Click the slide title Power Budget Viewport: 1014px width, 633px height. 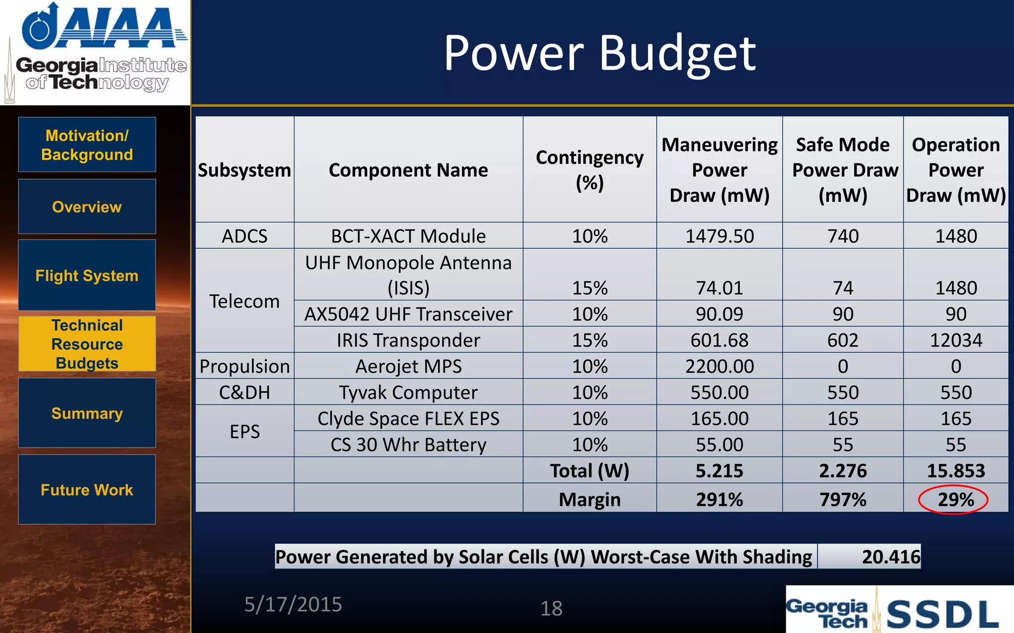[599, 53]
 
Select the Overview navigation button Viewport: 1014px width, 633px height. [87, 207]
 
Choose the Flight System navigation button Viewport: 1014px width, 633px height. [87, 275]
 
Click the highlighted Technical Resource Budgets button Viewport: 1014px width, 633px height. [87, 344]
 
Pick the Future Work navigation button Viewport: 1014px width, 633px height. [87, 490]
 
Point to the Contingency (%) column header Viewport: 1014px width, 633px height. [590, 170]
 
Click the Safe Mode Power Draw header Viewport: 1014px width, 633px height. [843, 170]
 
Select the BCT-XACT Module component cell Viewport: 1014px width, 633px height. [408, 236]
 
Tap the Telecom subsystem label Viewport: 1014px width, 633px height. [245, 301]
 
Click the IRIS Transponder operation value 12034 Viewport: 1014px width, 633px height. [956, 340]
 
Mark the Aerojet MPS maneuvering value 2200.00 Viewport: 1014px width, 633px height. [719, 366]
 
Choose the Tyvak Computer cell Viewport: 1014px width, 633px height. [408, 393]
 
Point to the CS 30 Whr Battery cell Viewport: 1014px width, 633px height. [408, 445]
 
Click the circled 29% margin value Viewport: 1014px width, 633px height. [955, 499]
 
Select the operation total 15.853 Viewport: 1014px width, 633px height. [956, 471]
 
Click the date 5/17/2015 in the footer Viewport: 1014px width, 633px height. [293, 604]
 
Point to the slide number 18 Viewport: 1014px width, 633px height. [551, 608]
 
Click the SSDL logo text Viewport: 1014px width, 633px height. [942, 614]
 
